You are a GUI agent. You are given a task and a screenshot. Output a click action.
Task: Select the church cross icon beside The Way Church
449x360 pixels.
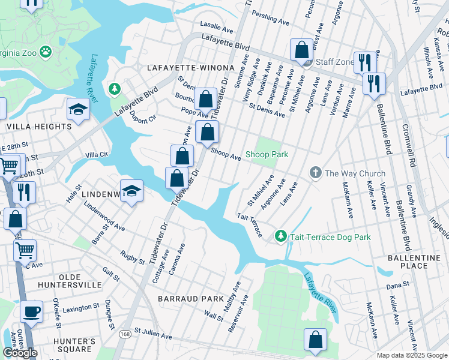(315, 173)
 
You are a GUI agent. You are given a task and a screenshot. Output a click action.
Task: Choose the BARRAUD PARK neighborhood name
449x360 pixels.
(182, 298)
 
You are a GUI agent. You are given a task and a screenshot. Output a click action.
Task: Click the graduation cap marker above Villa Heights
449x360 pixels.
(79, 109)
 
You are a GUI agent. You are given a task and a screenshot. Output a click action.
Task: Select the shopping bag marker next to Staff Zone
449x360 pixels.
(301, 50)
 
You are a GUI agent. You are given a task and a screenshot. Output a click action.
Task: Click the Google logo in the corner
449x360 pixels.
(20, 353)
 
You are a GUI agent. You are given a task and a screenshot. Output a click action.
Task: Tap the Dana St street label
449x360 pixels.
(397, 284)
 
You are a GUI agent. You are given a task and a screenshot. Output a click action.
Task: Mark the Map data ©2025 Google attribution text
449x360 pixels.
(411, 355)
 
